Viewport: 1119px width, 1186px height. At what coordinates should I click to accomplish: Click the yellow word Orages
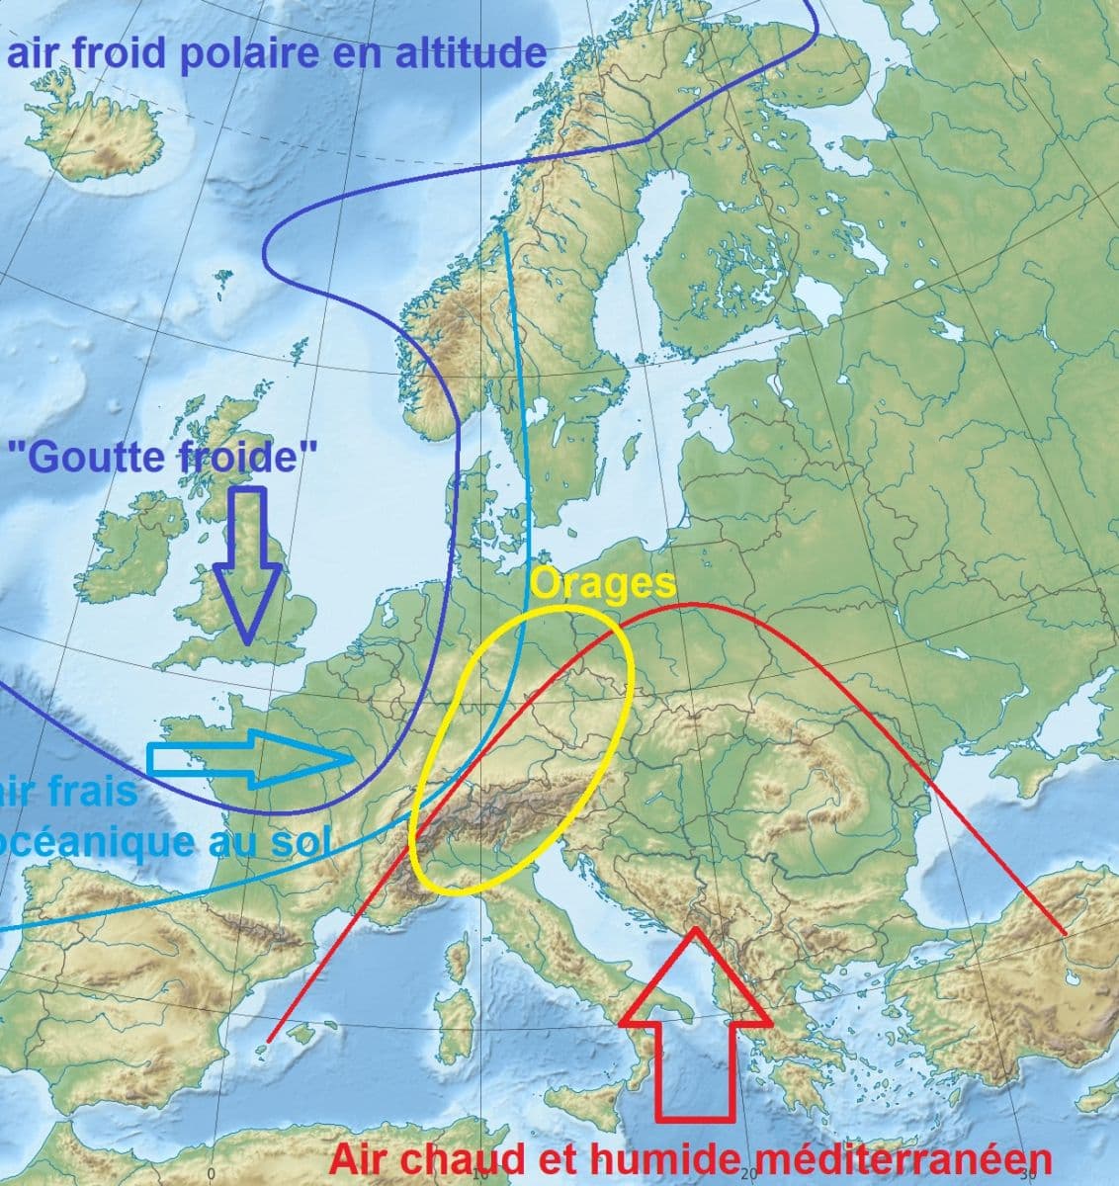click(x=603, y=584)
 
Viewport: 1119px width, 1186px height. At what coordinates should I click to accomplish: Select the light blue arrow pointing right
click(x=252, y=759)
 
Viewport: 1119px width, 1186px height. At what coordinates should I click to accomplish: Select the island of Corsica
click(x=458, y=959)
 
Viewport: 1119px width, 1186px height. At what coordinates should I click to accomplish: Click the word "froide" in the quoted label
click(x=247, y=457)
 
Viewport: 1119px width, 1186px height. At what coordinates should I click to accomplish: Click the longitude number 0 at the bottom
click(x=211, y=1173)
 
